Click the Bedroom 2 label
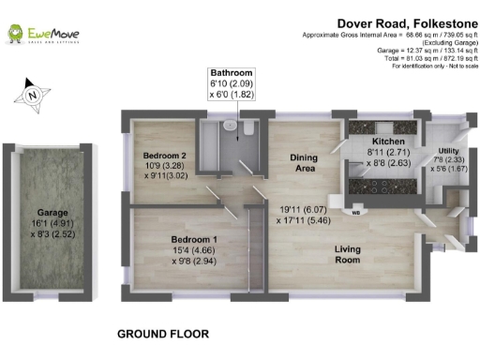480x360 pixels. tap(163, 155)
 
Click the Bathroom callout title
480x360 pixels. tap(232, 72)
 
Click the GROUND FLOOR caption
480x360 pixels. tap(162, 334)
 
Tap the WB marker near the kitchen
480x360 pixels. tap(356, 213)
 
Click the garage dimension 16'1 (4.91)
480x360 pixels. tap(41, 224)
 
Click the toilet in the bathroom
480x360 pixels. tap(247, 127)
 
